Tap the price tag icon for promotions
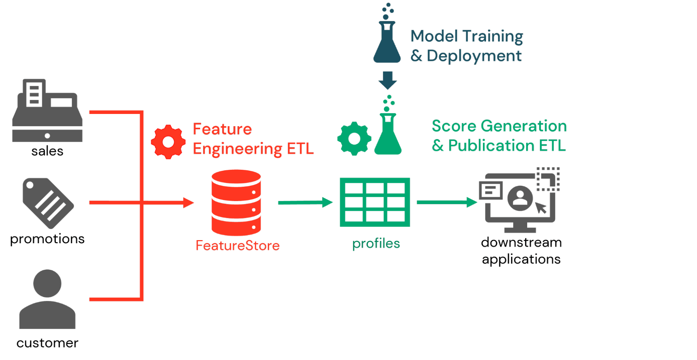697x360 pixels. pyautogui.click(x=48, y=203)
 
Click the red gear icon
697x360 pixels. pyautogui.click(x=168, y=142)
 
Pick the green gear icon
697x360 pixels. pyautogui.click(x=354, y=138)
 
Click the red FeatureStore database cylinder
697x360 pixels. pyautogui.click(x=236, y=202)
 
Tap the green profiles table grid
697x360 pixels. pyautogui.click(x=375, y=202)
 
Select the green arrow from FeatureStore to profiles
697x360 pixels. pyautogui.click(x=305, y=202)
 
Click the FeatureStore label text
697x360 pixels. pyautogui.click(x=237, y=246)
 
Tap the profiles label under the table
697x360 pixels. pyautogui.click(x=376, y=244)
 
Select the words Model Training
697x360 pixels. pyautogui.click(x=467, y=36)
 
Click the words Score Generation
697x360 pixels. pyautogui.click(x=499, y=126)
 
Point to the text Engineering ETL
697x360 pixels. pyautogui.click(x=253, y=149)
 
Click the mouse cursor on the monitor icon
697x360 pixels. pyautogui.click(x=541, y=208)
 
